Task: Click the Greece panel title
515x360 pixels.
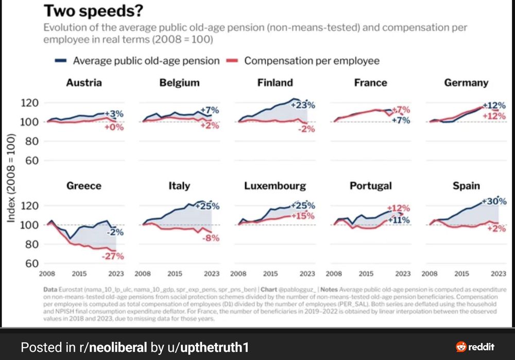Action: tap(83, 185)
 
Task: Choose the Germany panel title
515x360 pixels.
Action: tap(466, 82)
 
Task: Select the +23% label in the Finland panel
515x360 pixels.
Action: tap(303, 105)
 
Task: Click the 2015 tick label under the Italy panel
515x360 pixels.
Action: tap(175, 274)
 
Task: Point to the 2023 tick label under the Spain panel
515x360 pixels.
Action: tap(497, 274)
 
